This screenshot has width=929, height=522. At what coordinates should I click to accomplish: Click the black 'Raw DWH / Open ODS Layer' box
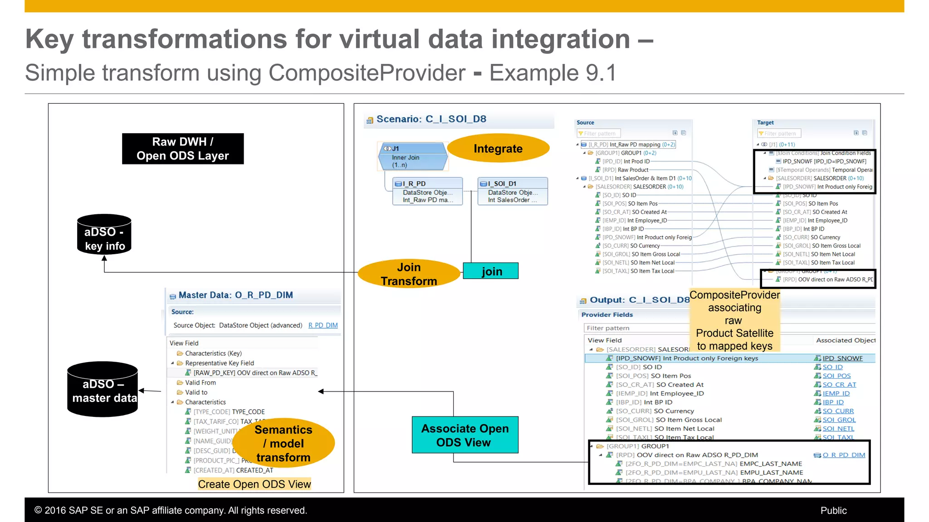click(x=183, y=149)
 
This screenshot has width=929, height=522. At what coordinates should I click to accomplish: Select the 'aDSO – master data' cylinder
click(x=103, y=390)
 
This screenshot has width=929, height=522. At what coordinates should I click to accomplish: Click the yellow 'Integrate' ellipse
click(x=498, y=149)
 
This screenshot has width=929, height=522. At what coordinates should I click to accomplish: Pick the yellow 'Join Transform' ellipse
click(x=409, y=274)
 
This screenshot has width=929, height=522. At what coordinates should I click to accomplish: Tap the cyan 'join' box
click(x=491, y=271)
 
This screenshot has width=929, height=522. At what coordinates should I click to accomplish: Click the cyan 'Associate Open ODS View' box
click(x=465, y=435)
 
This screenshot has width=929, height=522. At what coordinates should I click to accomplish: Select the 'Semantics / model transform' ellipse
click(x=284, y=443)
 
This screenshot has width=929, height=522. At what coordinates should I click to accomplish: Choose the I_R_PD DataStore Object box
click(x=427, y=191)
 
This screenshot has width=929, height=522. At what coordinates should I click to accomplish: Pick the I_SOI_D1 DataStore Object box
click(x=513, y=191)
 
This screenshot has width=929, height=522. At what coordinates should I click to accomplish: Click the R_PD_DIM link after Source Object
click(x=323, y=325)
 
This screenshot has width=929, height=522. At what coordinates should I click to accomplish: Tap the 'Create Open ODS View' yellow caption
click(x=254, y=484)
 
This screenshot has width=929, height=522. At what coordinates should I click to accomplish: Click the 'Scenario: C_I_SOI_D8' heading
click(x=431, y=119)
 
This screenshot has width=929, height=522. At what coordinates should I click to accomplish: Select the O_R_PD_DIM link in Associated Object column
click(x=843, y=455)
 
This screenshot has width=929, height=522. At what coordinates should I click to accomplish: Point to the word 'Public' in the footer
click(x=833, y=511)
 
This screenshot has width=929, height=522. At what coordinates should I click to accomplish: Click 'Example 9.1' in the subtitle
click(x=553, y=73)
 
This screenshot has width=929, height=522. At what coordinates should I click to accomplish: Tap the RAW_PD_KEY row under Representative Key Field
click(x=254, y=373)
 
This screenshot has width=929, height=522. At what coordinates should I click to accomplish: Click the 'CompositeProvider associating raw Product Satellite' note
click(x=734, y=320)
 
